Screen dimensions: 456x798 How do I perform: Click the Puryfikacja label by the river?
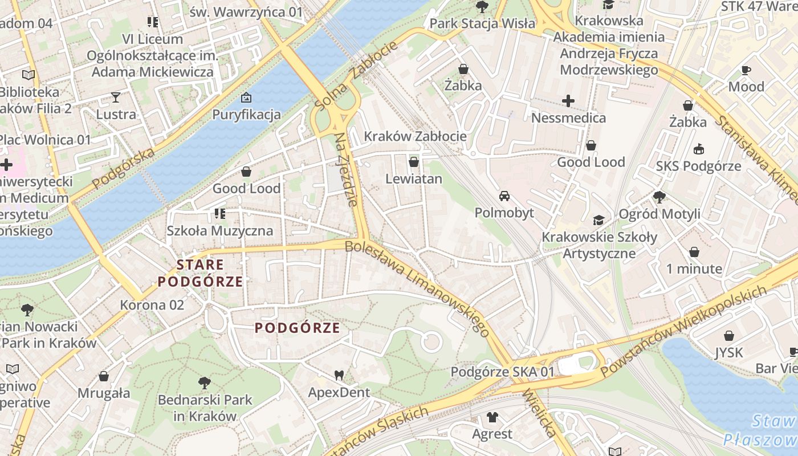(246, 115)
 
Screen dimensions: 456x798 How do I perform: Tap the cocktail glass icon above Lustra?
(116, 97)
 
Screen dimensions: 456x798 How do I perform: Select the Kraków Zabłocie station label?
(415, 136)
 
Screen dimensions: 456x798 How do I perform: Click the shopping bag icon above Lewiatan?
(414, 162)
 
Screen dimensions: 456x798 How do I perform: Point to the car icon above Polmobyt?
(504, 196)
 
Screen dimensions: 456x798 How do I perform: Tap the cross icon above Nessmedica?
(568, 101)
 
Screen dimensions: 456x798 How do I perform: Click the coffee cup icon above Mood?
(746, 70)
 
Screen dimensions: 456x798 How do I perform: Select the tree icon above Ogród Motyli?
(659, 197)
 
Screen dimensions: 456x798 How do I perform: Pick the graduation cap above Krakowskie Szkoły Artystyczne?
(598, 220)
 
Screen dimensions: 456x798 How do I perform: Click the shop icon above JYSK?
(729, 336)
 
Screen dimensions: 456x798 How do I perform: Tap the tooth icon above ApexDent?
(339, 375)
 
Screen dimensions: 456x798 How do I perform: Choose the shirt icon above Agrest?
(492, 417)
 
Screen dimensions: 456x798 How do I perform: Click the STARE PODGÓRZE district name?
(200, 273)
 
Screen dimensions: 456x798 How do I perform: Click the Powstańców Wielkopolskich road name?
(684, 331)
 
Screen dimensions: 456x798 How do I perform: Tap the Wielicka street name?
(539, 413)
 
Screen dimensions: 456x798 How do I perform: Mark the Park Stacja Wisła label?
(482, 23)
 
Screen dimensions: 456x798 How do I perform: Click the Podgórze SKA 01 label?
(502, 372)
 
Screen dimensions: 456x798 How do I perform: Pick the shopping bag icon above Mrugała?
(104, 376)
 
